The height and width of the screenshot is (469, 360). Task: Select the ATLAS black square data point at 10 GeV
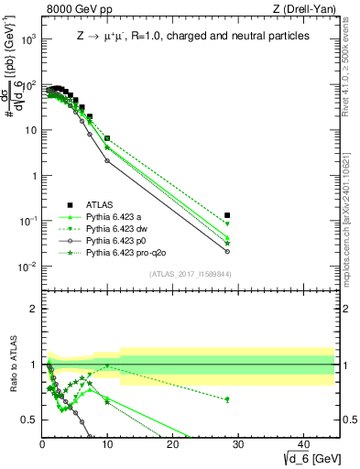point(107,138)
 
